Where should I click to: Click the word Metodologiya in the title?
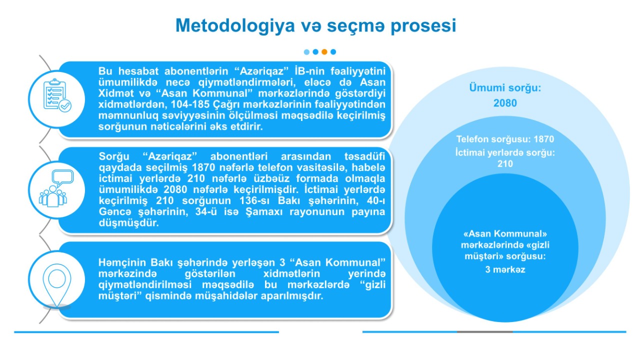[235, 26]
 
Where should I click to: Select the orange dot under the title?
[324, 51]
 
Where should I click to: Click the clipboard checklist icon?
[57, 95]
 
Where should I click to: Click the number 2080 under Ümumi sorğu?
[505, 103]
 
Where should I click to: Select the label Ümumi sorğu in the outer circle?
[505, 87]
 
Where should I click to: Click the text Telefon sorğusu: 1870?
[505, 139]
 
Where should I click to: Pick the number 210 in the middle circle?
[505, 163]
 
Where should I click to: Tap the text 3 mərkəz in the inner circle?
[505, 269]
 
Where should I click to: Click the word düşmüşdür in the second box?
[128, 223]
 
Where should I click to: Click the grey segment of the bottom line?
[485, 331]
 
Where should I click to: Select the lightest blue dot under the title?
[306, 51]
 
